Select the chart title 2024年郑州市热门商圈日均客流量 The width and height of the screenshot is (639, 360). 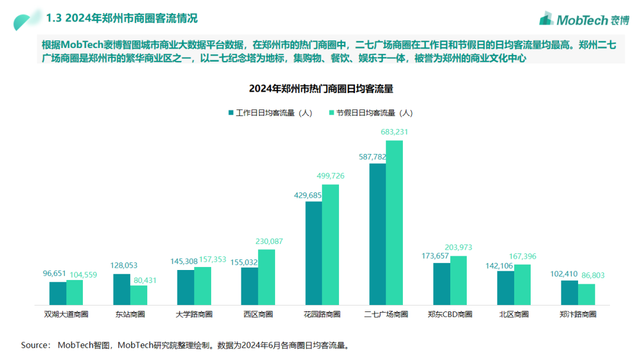(321, 89)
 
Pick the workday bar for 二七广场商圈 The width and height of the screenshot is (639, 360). (377, 234)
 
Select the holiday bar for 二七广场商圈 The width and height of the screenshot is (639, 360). (394, 223)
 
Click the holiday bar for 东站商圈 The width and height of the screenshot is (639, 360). (138, 295)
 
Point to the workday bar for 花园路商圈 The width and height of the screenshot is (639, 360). (314, 253)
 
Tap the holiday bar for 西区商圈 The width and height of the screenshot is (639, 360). (266, 277)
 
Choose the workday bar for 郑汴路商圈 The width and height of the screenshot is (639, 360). (569, 292)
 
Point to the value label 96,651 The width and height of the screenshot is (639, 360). (57, 274)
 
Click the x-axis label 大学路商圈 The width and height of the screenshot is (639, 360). (193, 314)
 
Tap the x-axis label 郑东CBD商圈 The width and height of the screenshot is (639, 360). (450, 314)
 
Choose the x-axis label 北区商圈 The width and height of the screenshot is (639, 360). (514, 314)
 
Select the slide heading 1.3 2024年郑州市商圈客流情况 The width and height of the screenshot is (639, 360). (122, 18)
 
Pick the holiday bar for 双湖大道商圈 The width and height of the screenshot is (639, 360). (75, 292)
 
